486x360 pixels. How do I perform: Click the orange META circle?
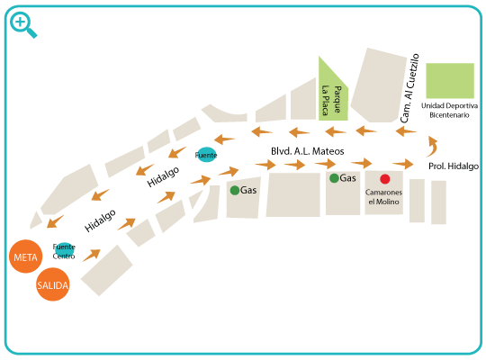point(26,256)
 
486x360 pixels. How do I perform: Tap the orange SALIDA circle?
point(53,284)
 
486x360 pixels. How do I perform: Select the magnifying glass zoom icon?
point(22,24)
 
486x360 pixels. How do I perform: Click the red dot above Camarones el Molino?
point(385,179)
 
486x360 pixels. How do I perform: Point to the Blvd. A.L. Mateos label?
point(308,151)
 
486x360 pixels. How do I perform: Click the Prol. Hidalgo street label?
point(454,166)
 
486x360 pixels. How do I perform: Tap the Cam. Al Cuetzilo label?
point(409,88)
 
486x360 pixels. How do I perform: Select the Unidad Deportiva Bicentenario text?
point(449,111)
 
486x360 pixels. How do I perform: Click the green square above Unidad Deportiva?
point(450,81)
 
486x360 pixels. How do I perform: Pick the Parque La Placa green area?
point(333,93)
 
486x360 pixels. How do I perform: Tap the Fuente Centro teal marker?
point(64,249)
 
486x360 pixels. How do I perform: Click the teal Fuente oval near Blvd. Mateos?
point(206,155)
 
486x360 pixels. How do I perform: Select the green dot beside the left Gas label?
point(235,190)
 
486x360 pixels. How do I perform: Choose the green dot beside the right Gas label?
point(334,178)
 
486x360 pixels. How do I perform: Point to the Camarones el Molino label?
point(383,197)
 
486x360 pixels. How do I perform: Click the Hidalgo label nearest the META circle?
point(100,220)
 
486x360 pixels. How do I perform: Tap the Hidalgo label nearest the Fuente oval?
point(163,176)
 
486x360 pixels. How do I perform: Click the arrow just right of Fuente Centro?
point(92,255)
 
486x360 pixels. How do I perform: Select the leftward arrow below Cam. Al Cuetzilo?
point(406,131)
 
